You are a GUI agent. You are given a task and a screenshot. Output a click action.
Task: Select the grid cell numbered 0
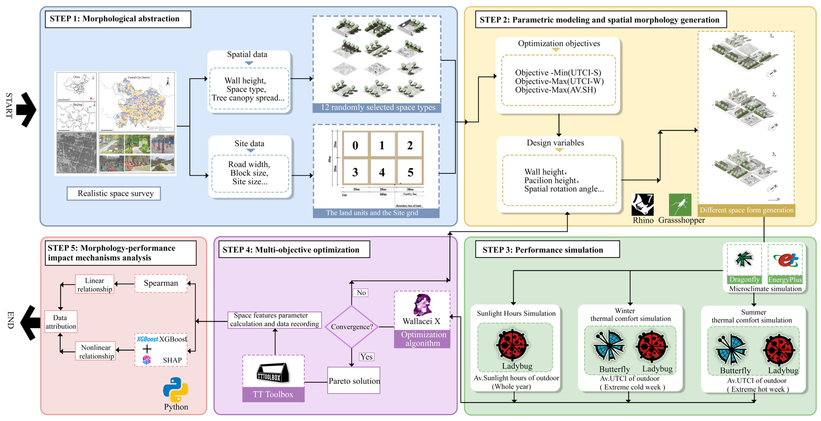click(355, 145)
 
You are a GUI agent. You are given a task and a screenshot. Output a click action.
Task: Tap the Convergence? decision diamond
click(351, 327)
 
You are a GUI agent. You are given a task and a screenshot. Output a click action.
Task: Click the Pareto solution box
click(354, 380)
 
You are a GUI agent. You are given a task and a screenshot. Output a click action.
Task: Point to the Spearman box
click(161, 283)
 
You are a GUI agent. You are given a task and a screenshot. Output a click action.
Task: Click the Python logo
click(176, 390)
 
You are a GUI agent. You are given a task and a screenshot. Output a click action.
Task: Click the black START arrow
click(26, 109)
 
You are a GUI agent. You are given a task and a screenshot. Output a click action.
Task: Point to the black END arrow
click(30, 322)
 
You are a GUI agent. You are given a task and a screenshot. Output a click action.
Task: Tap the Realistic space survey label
click(114, 193)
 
